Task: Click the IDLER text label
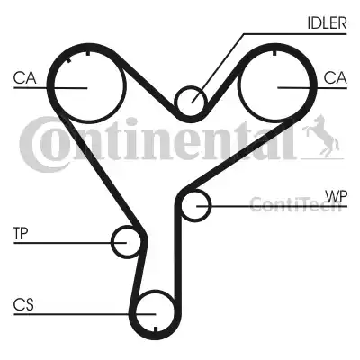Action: (327, 22)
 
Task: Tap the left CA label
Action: (25, 78)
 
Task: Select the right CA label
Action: (335, 78)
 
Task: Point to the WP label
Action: (337, 196)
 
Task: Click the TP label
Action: (21, 233)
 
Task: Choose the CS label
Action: (23, 305)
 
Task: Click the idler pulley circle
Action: (175, 101)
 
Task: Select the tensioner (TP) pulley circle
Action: (112, 242)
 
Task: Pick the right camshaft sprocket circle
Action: (238, 87)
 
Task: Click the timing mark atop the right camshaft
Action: (274, 53)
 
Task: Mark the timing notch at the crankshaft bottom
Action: (156, 329)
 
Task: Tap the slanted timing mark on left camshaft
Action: (68, 60)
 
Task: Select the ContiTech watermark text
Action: (295, 204)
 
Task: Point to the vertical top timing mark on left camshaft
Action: (87, 53)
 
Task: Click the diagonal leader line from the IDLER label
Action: (218, 68)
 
